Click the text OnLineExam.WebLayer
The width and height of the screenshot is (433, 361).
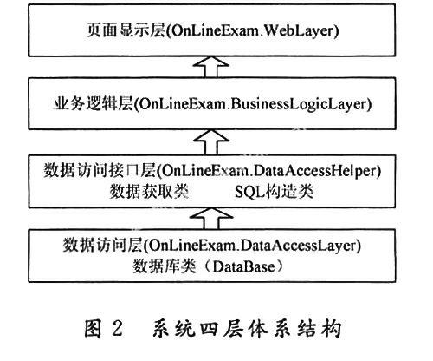pyautogui.click(x=253, y=30)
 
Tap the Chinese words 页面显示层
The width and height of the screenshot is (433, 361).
pyautogui.click(x=126, y=30)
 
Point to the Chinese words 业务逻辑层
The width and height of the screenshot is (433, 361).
pyautogui.click(x=93, y=104)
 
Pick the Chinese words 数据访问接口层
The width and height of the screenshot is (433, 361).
pyautogui.click(x=100, y=170)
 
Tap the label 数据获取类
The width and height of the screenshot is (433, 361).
pyautogui.click(x=149, y=192)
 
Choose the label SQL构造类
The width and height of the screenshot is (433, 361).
pyautogui.click(x=274, y=192)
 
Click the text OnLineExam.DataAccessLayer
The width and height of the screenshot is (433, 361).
pyautogui.click(x=253, y=246)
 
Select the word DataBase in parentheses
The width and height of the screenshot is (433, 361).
pyautogui.click(x=243, y=266)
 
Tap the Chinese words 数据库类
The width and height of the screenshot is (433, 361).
pyautogui.click(x=165, y=266)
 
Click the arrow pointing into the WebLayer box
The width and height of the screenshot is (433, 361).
pyautogui.click(x=211, y=67)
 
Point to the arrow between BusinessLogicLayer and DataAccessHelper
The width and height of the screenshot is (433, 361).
pyautogui.click(x=211, y=141)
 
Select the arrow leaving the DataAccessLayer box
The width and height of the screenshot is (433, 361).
pyautogui.click(x=211, y=219)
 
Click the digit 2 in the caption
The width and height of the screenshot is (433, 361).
pyautogui.click(x=118, y=329)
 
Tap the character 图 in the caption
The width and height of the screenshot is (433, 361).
pyautogui.click(x=93, y=329)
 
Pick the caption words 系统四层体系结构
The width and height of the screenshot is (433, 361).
pyautogui.click(x=247, y=329)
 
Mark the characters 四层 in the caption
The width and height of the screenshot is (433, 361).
pyautogui.click(x=223, y=329)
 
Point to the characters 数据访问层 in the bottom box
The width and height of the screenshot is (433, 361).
pyautogui.click(x=103, y=246)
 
